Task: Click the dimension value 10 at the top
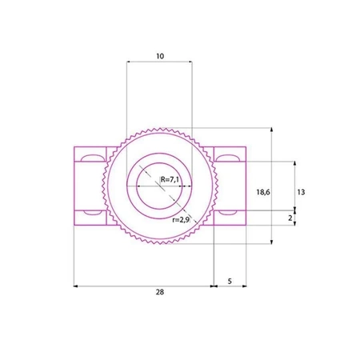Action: tap(159, 57)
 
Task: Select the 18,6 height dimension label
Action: tap(262, 192)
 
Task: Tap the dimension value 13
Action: tap(300, 192)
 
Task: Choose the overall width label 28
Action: tap(159, 293)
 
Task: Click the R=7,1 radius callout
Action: tap(170, 180)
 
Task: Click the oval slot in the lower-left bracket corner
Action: tap(91, 216)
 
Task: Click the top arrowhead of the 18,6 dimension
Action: tap(274, 130)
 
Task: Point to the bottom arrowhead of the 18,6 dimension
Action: tap(274, 242)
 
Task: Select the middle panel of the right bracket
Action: tap(233, 185)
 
